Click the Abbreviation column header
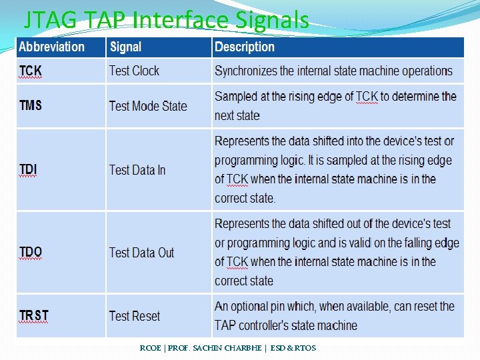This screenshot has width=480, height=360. click(x=52, y=47)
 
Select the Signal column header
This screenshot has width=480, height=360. click(x=125, y=47)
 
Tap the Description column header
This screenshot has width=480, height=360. click(x=245, y=47)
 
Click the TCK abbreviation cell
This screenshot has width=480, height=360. click(x=30, y=71)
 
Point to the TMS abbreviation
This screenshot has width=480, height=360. click(x=31, y=105)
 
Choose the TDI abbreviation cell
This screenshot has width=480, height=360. click(x=28, y=170)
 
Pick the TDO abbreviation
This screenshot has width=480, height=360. click(x=31, y=252)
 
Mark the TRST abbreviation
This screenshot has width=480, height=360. click(x=34, y=315)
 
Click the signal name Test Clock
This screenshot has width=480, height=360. click(x=134, y=71)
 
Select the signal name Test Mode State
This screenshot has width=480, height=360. click(x=148, y=106)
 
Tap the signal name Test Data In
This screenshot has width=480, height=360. click(x=137, y=170)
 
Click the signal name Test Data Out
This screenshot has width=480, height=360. click(x=141, y=253)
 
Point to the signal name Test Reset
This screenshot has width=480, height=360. click(x=135, y=316)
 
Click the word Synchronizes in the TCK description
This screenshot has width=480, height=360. click(x=245, y=71)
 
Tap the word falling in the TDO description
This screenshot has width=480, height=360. click(x=415, y=243)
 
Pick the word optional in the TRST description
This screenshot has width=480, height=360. click(x=259, y=307)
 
